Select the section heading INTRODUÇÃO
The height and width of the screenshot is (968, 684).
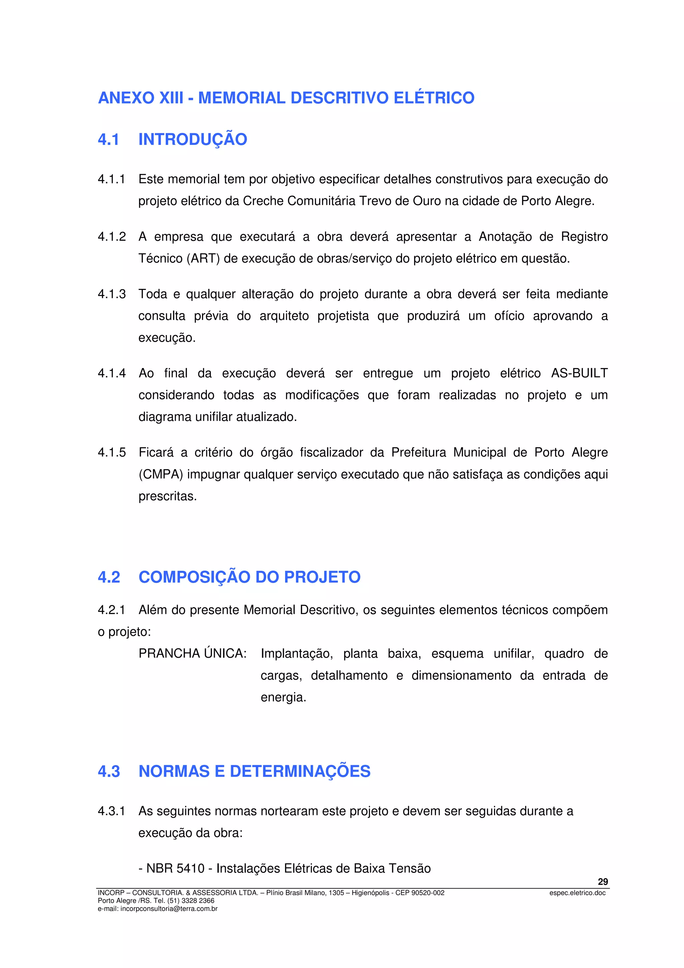(193, 140)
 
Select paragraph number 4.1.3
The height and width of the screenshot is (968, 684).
(112, 294)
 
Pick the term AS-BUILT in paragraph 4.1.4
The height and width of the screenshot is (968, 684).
(579, 373)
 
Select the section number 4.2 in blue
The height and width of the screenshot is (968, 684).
(109, 577)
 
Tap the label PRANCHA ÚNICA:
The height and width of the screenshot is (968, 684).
(193, 653)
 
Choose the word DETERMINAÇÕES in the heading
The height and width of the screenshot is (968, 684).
(300, 772)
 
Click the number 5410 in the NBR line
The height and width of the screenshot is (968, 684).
(190, 868)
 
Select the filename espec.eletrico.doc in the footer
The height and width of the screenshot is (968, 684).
(577, 893)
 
